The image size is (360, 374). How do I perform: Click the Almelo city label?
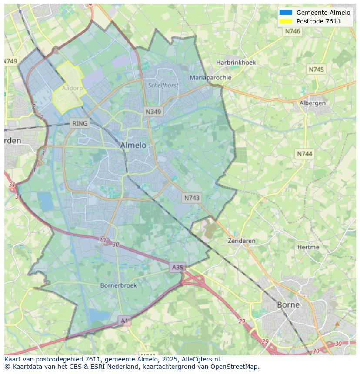tap(133, 145)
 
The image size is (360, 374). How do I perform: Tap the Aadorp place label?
tap(72, 88)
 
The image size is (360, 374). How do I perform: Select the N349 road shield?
tap(153, 112)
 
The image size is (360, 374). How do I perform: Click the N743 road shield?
tap(192, 198)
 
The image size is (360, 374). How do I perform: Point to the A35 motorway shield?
tap(177, 267)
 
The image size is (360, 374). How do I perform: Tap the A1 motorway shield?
tap(125, 321)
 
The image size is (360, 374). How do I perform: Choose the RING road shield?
tap(80, 123)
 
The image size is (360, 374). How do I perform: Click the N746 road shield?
tap(293, 31)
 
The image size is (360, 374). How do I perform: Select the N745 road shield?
tap(316, 70)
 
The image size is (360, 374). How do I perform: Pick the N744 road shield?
tap(305, 154)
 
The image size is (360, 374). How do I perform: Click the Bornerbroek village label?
tap(118, 285)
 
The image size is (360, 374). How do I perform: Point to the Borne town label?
tap(288, 304)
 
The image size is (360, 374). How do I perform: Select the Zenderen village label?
tap(242, 241)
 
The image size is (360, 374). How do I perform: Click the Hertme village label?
tap(308, 247)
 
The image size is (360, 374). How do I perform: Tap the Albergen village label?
tap(312, 103)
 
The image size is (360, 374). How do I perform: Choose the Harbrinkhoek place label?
tap(236, 62)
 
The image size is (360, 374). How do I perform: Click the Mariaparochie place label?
tap(210, 78)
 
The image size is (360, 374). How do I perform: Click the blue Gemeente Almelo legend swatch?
tap(286, 13)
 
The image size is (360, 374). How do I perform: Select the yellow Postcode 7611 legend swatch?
tap(286, 21)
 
